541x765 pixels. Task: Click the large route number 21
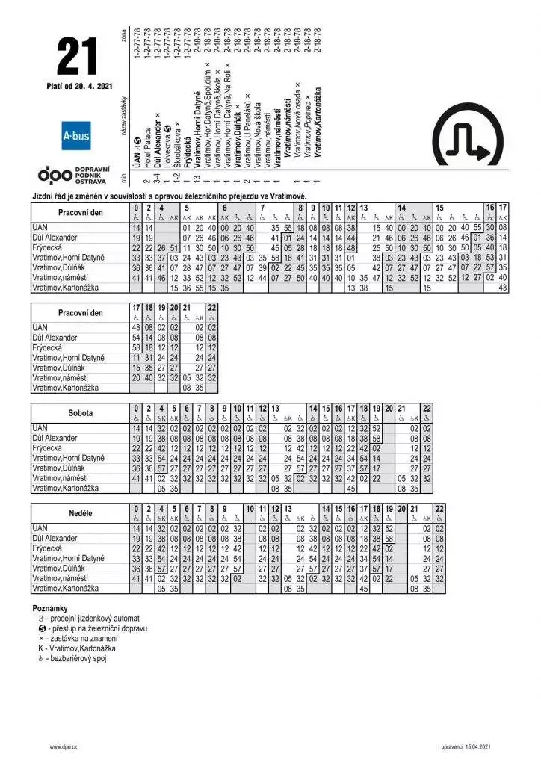tap(77, 56)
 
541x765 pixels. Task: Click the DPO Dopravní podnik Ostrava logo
tap(74, 175)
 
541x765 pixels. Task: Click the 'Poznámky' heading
tap(50, 609)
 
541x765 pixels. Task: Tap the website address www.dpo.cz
tap(65, 746)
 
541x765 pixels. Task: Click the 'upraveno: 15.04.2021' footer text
tap(466, 746)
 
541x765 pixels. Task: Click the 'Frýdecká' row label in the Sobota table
tap(47, 448)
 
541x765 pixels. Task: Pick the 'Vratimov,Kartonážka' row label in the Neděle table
tap(66, 589)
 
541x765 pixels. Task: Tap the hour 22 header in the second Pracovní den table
tap(212, 307)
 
